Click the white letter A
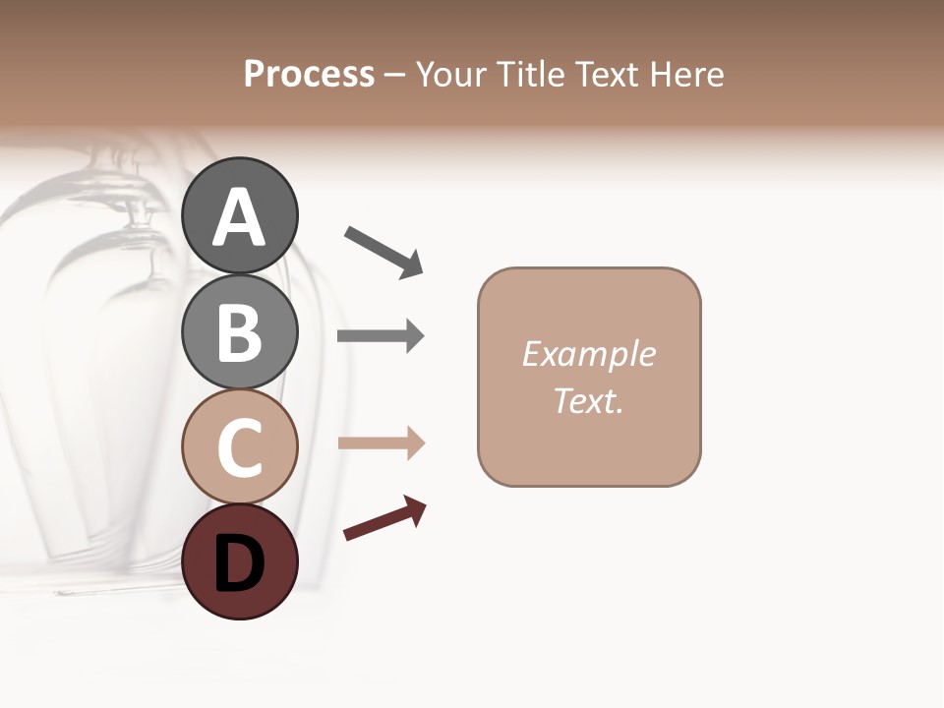click(239, 217)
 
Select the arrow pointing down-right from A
click(383, 251)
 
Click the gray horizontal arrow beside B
click(381, 335)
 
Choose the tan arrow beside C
click(381, 442)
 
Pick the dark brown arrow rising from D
click(384, 518)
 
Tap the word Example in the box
click(588, 354)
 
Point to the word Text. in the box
click(588, 401)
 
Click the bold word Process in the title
click(309, 75)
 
